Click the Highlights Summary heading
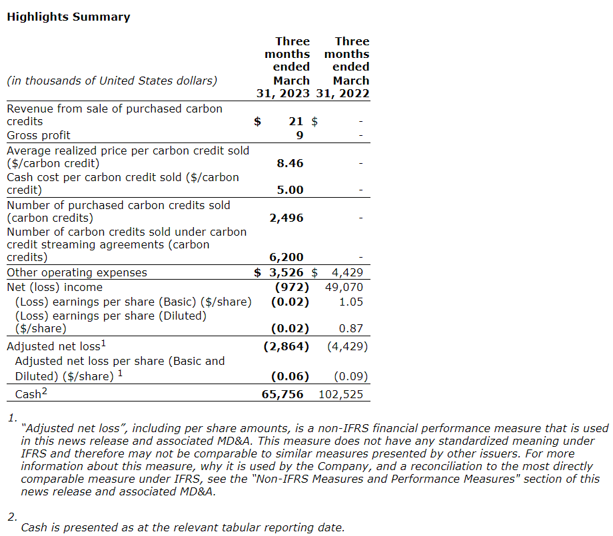(68, 17)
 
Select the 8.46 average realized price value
(290, 163)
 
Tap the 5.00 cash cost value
(290, 190)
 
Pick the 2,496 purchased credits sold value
(287, 218)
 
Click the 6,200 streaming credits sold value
(287, 257)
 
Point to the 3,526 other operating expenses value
(287, 272)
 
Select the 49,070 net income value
(346, 287)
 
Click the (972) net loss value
(293, 287)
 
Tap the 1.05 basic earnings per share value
(354, 302)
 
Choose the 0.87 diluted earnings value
(354, 328)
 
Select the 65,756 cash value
(283, 394)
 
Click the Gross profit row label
(38, 135)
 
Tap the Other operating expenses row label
(77, 272)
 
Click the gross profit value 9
(299, 135)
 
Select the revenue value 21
(296, 121)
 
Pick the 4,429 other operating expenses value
(347, 272)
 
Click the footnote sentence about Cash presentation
(183, 527)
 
